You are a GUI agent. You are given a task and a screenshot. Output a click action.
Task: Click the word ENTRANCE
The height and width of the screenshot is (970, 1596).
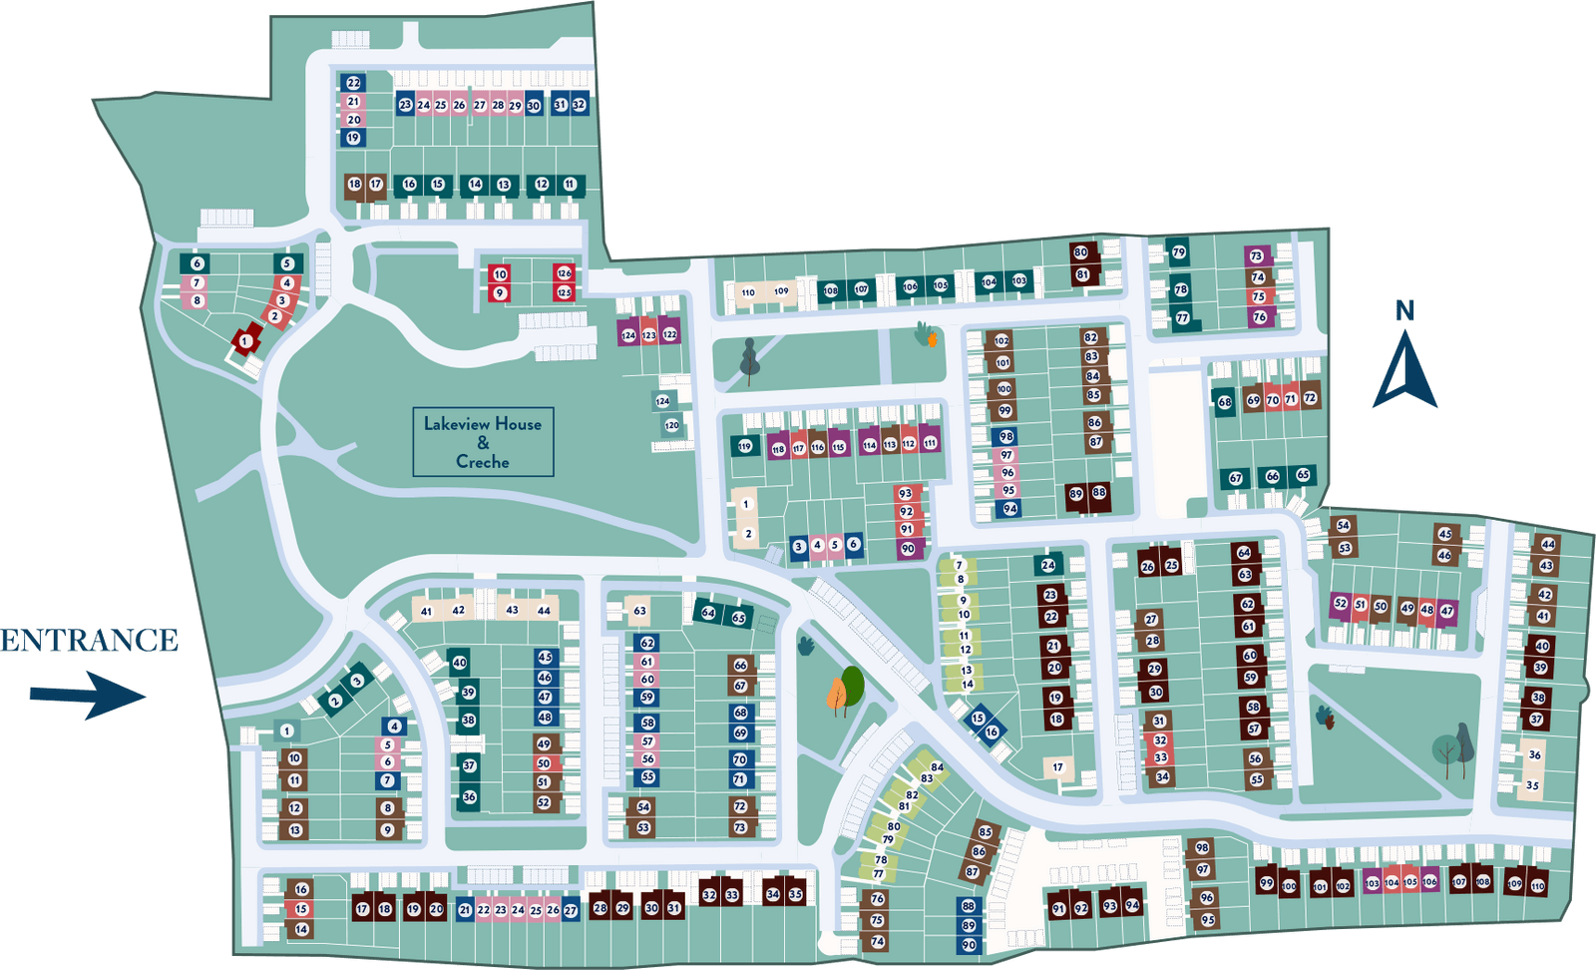(89, 640)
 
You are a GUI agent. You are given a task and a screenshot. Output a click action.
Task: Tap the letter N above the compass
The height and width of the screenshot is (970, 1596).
(1404, 311)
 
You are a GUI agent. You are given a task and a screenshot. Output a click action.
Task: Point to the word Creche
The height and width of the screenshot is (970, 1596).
(483, 461)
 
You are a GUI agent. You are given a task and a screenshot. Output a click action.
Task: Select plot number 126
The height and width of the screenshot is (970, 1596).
(565, 272)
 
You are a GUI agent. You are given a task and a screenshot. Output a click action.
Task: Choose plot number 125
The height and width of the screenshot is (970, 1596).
(565, 292)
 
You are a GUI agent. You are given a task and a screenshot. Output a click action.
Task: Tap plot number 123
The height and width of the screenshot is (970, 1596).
(649, 335)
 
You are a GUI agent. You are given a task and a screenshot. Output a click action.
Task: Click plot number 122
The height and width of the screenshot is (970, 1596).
(669, 334)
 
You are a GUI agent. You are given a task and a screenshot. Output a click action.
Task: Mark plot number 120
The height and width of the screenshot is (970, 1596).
(672, 425)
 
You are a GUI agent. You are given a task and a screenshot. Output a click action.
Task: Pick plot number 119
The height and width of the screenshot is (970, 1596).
(745, 446)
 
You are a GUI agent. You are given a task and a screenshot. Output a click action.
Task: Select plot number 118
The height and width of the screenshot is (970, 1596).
(778, 449)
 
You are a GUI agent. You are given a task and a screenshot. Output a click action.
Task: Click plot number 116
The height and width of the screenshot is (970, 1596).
(818, 447)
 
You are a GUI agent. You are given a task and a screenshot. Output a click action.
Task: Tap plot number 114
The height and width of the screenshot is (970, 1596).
(870, 445)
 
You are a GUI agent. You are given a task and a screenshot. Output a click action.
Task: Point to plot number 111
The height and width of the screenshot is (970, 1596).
(930, 442)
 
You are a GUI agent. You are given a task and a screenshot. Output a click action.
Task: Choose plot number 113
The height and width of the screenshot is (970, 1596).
(890, 444)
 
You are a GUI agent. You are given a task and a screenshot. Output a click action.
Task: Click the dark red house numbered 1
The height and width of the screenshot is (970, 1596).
(244, 341)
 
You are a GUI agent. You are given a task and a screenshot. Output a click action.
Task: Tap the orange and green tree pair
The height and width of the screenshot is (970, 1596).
(845, 690)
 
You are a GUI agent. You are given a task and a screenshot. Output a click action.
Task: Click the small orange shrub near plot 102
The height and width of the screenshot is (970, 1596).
(933, 340)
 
